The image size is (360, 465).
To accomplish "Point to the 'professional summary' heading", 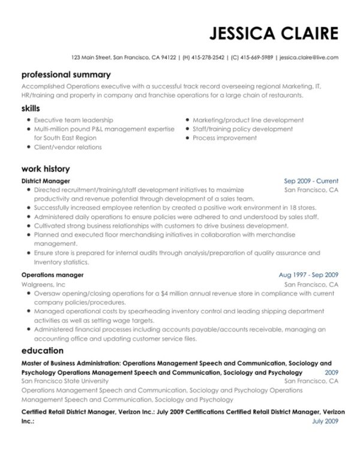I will (66, 75).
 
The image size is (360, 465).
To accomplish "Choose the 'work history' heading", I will (46, 169).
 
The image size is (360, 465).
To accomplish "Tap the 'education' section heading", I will (43, 350).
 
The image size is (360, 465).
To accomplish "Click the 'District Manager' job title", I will (46, 181).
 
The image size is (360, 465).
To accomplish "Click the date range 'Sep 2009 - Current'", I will (311, 181).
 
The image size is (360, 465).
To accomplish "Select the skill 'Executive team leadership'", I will (73, 120).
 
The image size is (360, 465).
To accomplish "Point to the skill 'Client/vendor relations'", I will (68, 147).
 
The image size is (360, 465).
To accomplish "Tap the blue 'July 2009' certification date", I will (326, 421).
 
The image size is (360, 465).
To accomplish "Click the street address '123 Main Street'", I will (90, 58).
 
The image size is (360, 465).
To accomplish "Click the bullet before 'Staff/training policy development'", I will (187, 129).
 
